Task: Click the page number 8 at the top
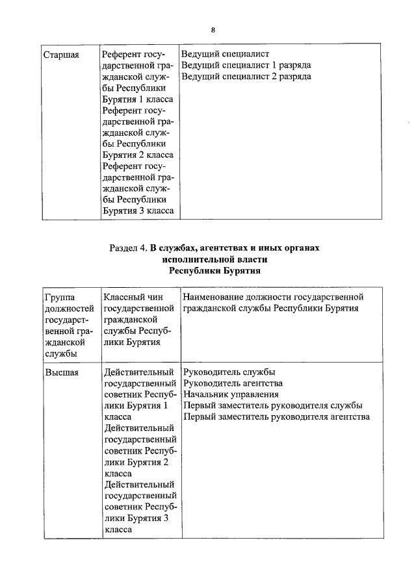tap(213, 30)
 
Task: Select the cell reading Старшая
tap(61, 55)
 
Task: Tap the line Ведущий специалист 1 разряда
tap(246, 66)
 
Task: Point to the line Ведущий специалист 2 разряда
tap(246, 77)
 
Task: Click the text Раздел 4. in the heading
tap(129, 248)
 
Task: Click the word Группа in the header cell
tap(60, 298)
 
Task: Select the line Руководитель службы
tap(229, 372)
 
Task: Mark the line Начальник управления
tap(231, 394)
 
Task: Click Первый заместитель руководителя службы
tap(268, 405)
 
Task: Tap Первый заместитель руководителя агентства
tap(277, 416)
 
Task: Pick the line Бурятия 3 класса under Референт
tap(138, 211)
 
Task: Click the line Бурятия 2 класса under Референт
tap(138, 155)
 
